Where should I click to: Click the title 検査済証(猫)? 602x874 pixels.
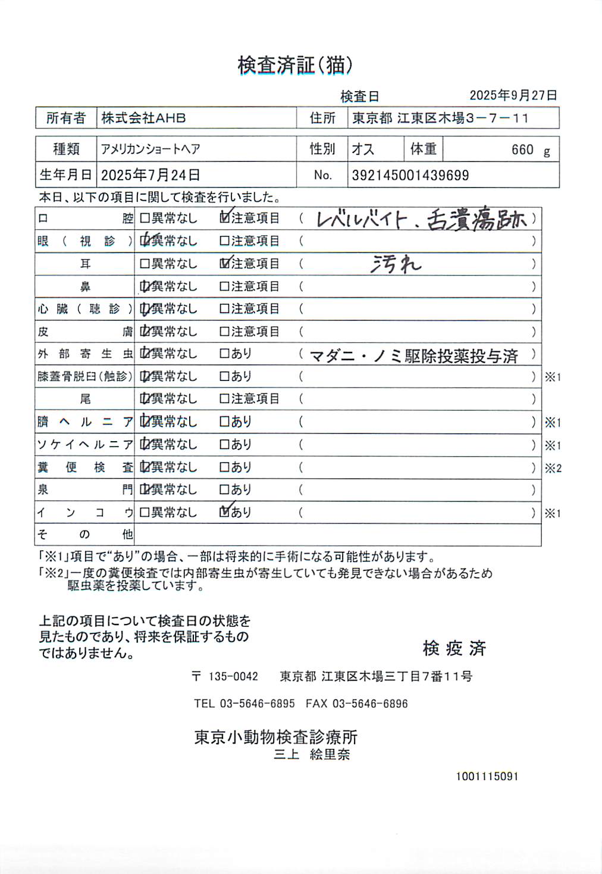tap(295, 65)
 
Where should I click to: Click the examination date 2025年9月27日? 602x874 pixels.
tap(513, 95)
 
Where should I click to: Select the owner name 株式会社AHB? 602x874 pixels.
tap(143, 118)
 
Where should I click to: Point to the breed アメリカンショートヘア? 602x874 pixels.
tap(150, 149)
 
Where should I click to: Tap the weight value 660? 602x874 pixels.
tap(522, 150)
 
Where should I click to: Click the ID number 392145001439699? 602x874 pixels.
tap(410, 175)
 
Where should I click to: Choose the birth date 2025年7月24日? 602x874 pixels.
tap(150, 175)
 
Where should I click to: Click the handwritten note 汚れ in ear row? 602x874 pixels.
tap(396, 264)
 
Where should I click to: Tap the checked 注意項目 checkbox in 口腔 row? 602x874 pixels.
tap(225, 218)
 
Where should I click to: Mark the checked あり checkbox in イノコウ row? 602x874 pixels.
tap(225, 512)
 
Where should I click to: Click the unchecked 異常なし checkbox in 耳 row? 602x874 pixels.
tap(145, 264)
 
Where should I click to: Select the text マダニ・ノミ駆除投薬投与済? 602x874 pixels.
tap(414, 356)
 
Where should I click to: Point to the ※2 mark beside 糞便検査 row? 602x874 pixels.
tap(553, 468)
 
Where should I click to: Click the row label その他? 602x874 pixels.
tap(85, 535)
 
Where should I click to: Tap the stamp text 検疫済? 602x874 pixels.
tap(454, 648)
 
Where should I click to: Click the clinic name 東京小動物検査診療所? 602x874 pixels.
tap(276, 737)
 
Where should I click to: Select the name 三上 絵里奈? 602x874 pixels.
tap(312, 754)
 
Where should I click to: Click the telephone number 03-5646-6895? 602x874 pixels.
tap(257, 704)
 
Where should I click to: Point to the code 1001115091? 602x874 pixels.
tap(487, 776)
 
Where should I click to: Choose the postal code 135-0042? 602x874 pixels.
tap(233, 676)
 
